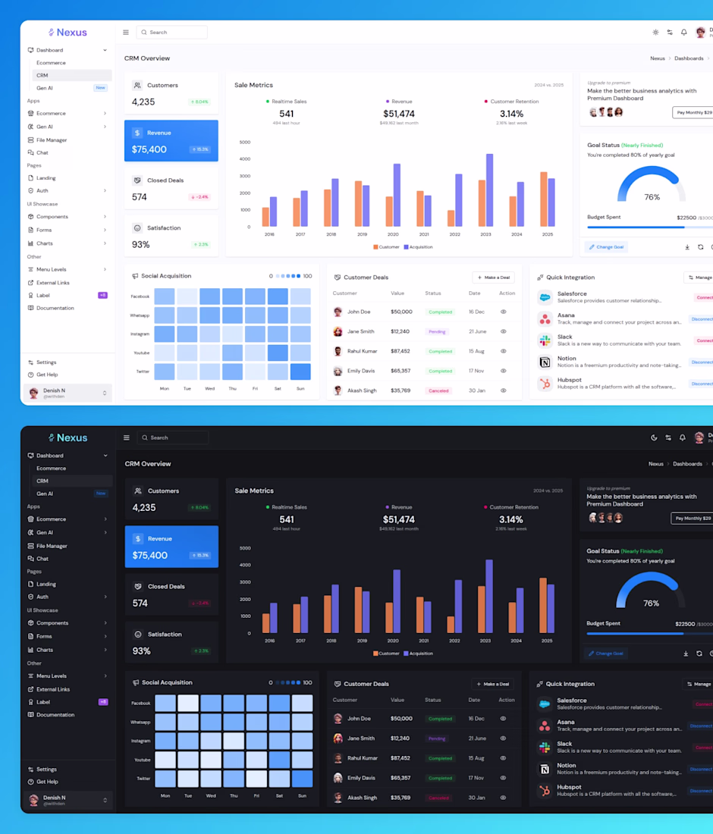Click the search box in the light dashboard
coord(172,33)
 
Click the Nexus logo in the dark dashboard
coord(68,437)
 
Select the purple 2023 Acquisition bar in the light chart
coord(489,190)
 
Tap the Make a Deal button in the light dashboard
coord(493,277)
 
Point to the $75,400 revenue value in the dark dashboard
coord(150,555)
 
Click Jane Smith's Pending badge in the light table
coord(437,331)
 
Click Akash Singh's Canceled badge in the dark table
coord(438,798)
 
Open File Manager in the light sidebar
coord(52,140)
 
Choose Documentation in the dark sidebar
coord(55,715)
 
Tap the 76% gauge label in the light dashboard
coord(652,197)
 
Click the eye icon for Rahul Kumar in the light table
coord(503,351)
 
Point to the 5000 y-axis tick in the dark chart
coord(245,548)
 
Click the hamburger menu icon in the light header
coord(126,33)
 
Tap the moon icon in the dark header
coord(654,437)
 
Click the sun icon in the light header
coord(655,33)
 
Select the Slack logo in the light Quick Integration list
coord(545,340)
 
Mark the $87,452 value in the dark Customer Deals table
coord(400,758)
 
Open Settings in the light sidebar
coord(46,362)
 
